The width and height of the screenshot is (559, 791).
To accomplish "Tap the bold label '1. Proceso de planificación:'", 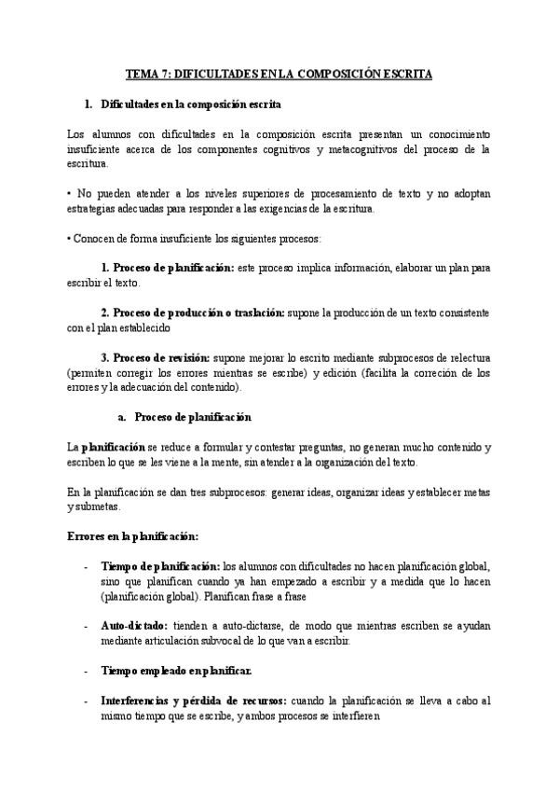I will click(x=167, y=268).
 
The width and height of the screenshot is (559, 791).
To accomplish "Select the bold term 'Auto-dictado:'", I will click(x=133, y=625).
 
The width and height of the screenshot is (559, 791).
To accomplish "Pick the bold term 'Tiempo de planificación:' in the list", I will click(x=159, y=566).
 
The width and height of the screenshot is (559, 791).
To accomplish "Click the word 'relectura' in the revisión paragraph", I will click(x=463, y=358).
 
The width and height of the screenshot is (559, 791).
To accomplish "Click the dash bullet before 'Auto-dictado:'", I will click(x=87, y=626).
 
